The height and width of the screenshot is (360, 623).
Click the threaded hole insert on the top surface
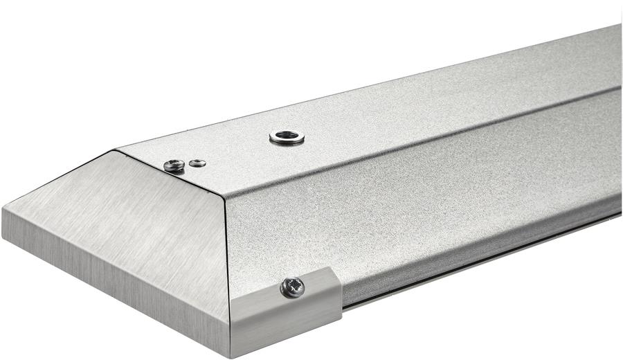tap(287, 137)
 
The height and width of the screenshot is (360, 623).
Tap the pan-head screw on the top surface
tap(174, 165)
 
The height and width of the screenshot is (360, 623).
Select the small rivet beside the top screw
tap(198, 163)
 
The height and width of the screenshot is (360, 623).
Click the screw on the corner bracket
tap(292, 287)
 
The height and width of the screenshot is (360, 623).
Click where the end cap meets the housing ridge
tap(223, 196)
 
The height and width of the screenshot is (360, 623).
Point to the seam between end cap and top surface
tap(166, 173)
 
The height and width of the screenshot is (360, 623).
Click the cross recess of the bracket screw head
tap(292, 287)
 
